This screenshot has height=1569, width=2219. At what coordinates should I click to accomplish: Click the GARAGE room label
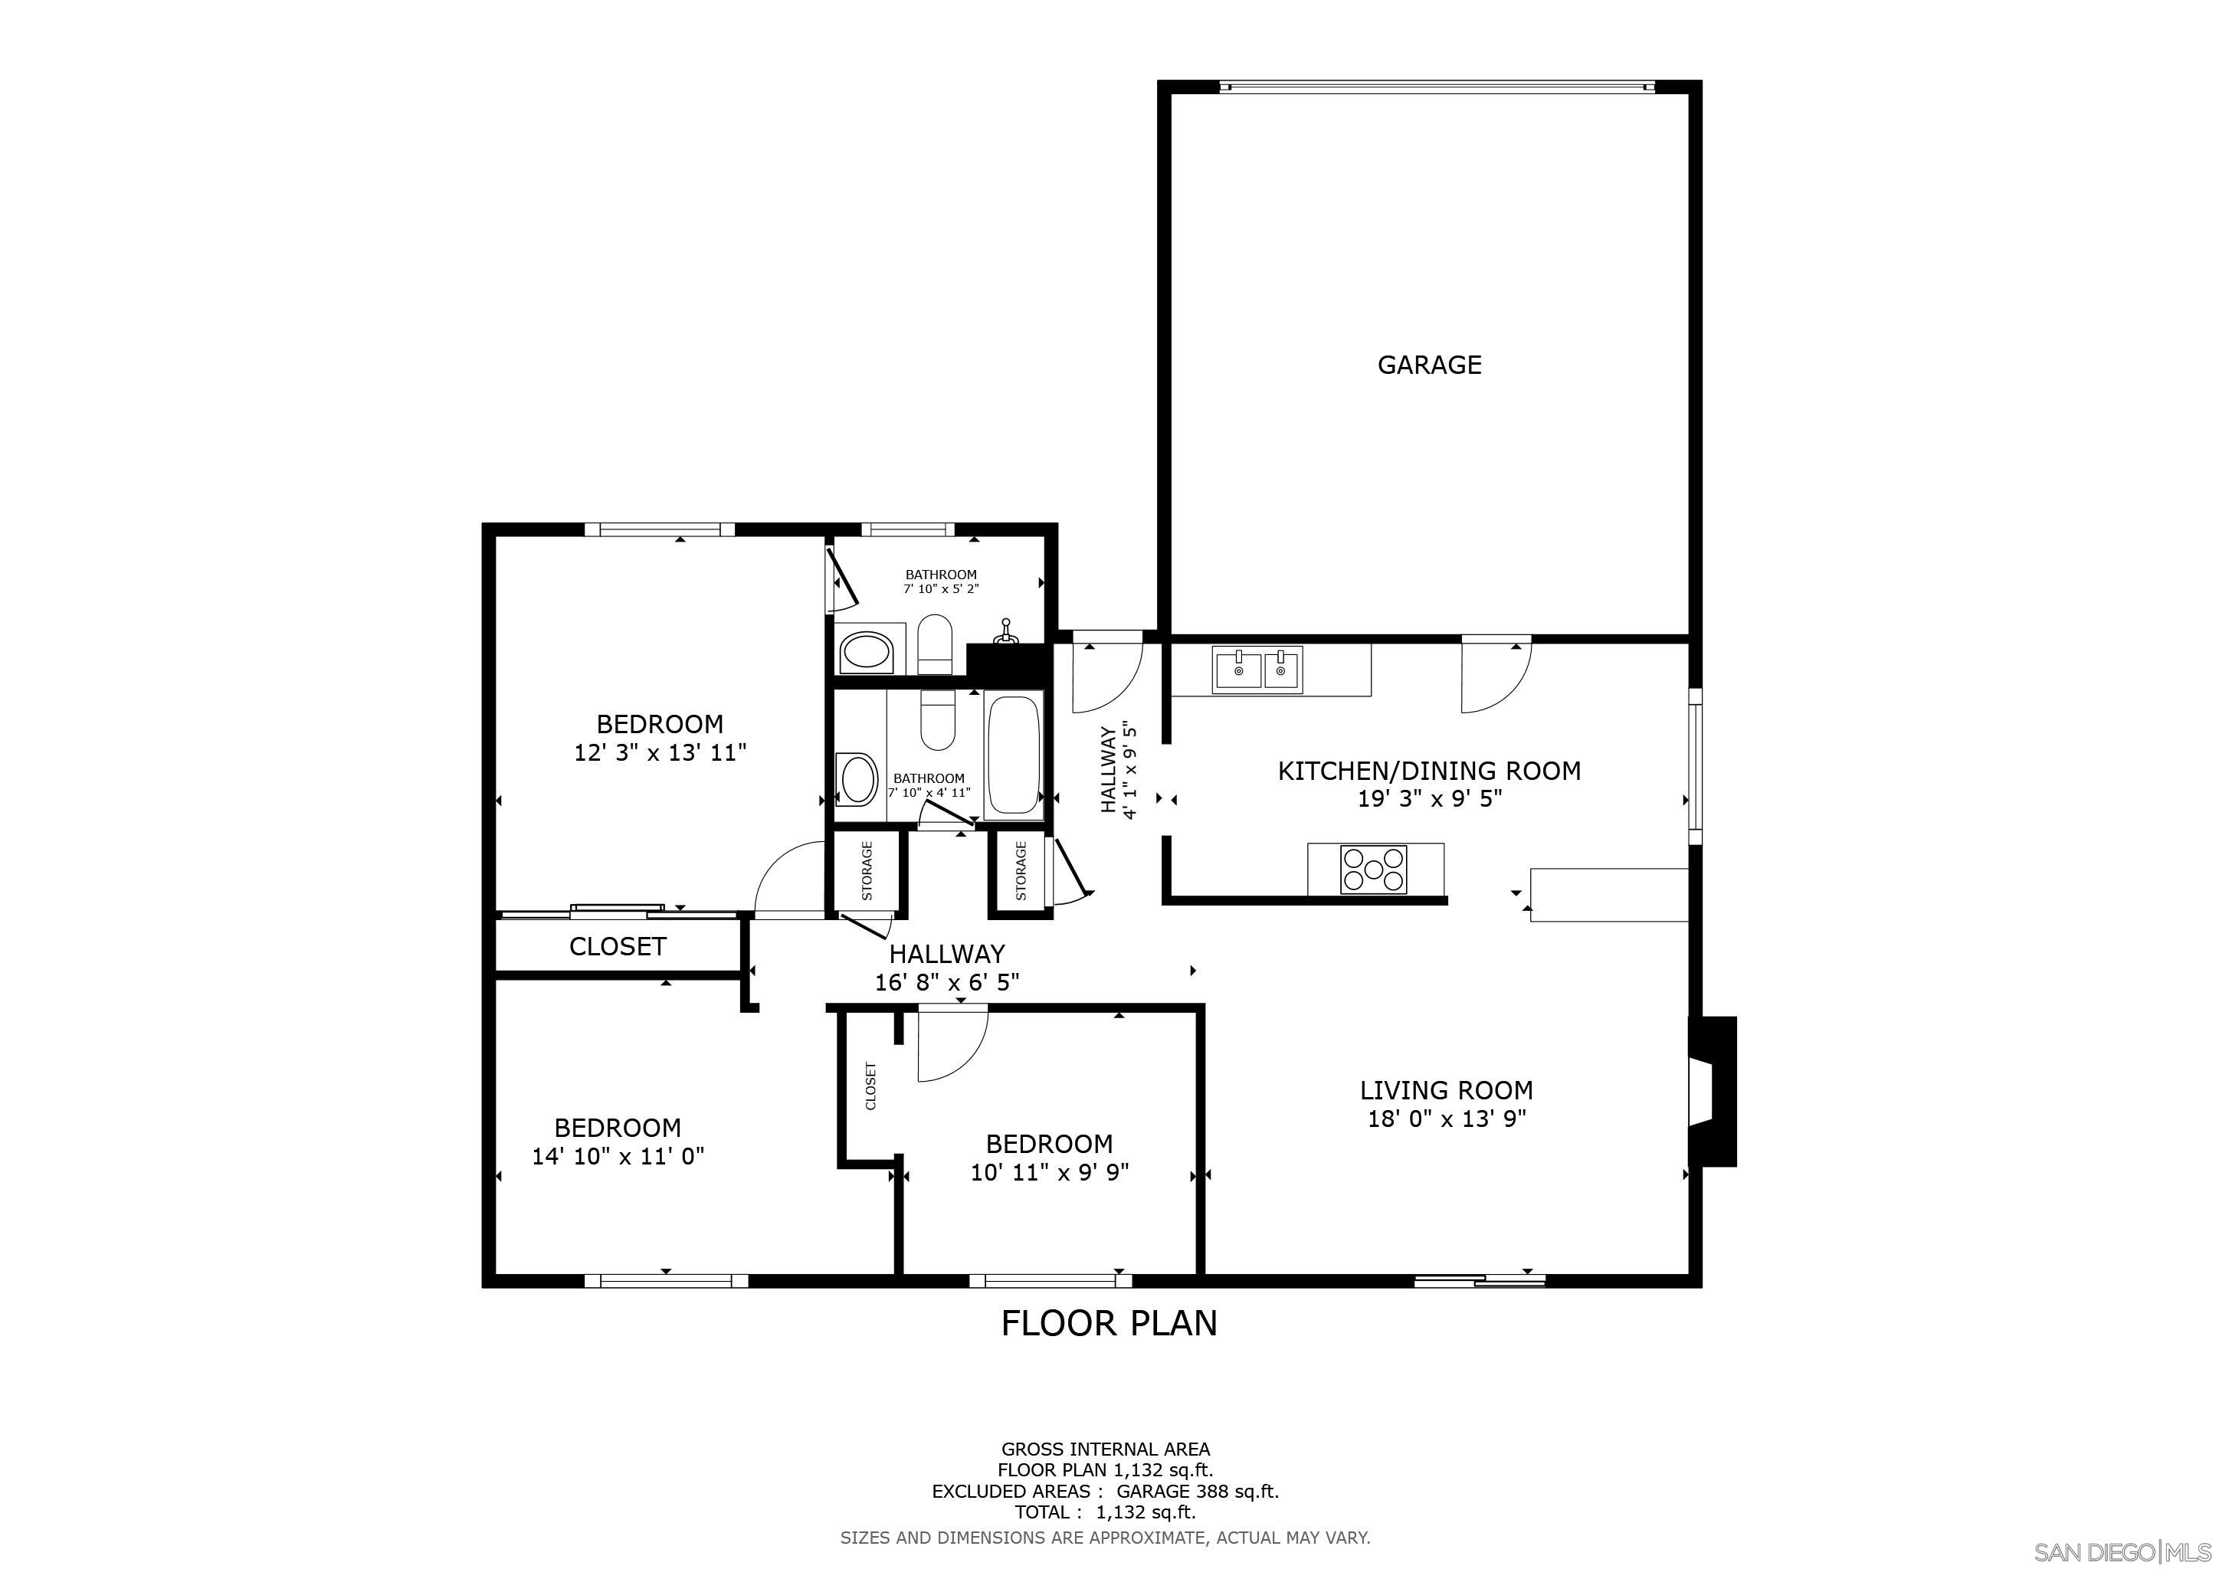(x=1428, y=364)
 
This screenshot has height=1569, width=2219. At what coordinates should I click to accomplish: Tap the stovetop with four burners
(x=1372, y=867)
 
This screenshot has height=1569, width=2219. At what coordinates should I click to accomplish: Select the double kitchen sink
(x=1257, y=669)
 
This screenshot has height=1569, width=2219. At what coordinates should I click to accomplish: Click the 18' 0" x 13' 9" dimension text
(x=1446, y=1119)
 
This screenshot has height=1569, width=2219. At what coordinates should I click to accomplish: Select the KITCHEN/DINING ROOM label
(x=1428, y=770)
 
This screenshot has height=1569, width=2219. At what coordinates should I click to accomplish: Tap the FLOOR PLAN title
(x=1109, y=1322)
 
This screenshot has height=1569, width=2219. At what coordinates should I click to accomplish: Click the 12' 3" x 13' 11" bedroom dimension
(x=659, y=752)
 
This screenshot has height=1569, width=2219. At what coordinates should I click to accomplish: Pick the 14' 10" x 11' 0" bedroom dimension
(x=618, y=1155)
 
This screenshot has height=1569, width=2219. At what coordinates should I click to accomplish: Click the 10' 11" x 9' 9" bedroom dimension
(x=1049, y=1172)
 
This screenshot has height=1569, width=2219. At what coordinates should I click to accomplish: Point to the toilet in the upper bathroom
(x=935, y=643)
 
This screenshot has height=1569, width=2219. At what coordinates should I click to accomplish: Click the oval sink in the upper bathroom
(x=865, y=652)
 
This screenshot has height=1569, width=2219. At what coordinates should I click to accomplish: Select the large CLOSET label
(x=618, y=946)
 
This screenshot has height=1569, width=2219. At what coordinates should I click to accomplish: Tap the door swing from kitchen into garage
(x=1494, y=676)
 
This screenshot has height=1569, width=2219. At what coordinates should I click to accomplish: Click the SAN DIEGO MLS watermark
(x=2122, y=1551)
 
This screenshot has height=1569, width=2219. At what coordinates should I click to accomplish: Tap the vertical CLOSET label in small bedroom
(x=870, y=1086)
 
